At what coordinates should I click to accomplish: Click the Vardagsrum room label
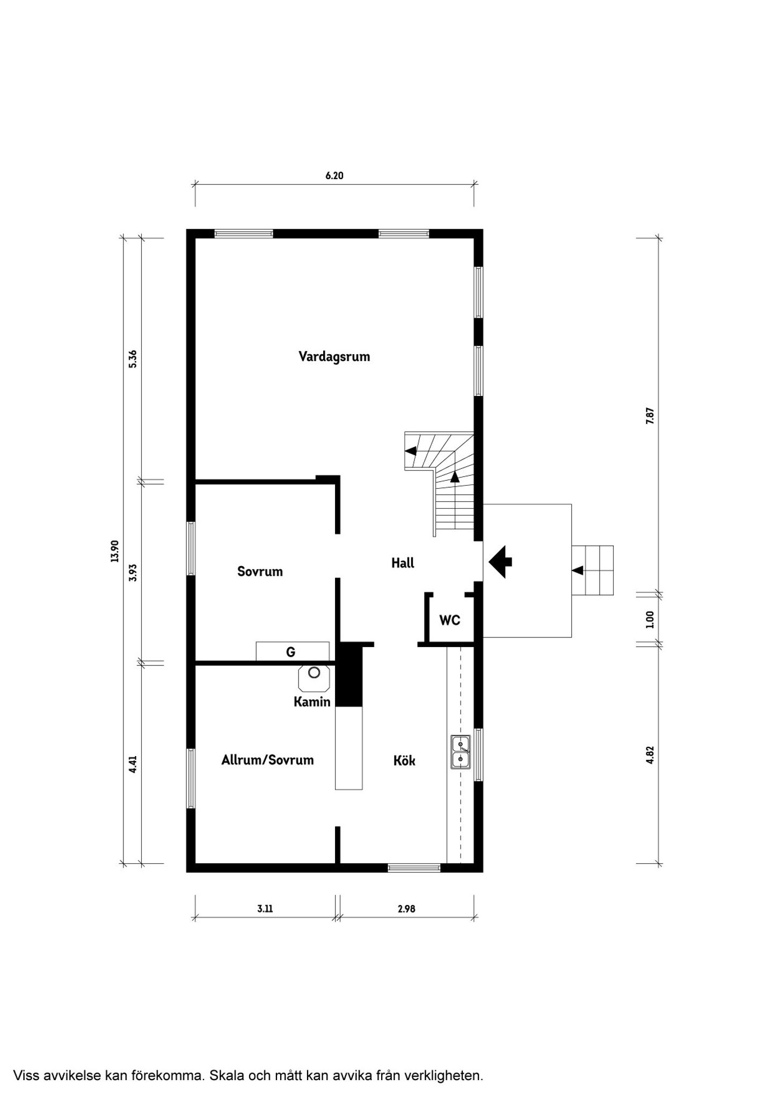[x=334, y=357]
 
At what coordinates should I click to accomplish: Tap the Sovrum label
[x=260, y=571]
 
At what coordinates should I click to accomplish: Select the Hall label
[x=403, y=563]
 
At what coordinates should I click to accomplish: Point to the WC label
[x=450, y=620]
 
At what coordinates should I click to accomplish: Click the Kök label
[x=404, y=760]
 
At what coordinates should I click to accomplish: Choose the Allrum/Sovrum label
[x=267, y=760]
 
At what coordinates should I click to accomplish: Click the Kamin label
[x=312, y=701]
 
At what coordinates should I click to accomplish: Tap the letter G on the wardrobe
[x=290, y=652]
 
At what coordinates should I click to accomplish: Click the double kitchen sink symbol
[x=461, y=752]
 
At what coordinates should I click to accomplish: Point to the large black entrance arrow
[x=500, y=562]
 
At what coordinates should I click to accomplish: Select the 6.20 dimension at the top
[x=334, y=175]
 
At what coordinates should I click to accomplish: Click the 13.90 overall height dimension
[x=114, y=551]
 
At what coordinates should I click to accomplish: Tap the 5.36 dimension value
[x=133, y=358]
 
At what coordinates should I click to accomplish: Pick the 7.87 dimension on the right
[x=650, y=416]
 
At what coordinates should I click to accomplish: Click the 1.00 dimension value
[x=650, y=619]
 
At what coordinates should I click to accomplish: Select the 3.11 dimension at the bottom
[x=265, y=908]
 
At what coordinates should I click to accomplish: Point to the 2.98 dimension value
[x=406, y=908]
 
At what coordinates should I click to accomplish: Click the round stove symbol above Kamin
[x=314, y=672]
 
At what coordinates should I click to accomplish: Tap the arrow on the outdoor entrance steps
[x=578, y=570]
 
